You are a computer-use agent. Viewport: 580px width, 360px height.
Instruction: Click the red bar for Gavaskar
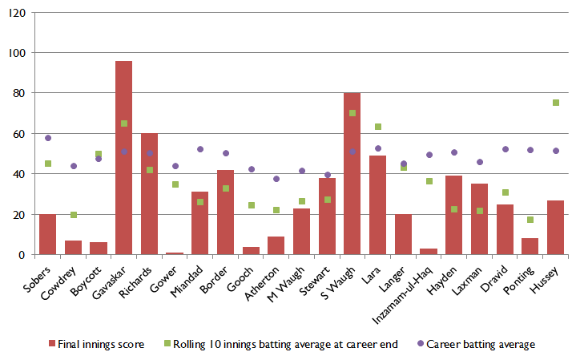tap(124, 158)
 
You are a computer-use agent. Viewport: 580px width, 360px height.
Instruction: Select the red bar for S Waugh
tap(352, 174)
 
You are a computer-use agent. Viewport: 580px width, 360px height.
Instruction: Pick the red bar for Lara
tap(378, 205)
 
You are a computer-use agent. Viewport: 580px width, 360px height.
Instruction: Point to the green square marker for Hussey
tap(556, 103)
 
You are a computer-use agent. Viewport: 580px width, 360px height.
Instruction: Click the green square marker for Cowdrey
tap(74, 215)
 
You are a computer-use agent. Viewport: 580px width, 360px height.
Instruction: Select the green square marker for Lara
tap(378, 127)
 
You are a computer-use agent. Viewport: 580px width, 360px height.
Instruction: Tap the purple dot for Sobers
tap(48, 138)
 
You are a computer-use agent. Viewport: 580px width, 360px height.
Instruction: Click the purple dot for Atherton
tap(276, 179)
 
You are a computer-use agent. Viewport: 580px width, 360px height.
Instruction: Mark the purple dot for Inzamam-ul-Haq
tap(429, 155)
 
